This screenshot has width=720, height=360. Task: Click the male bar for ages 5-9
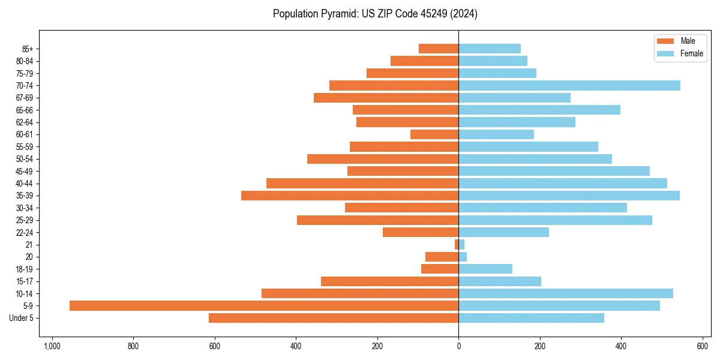264,306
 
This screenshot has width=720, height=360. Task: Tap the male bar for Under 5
334,318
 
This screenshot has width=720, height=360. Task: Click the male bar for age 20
442,257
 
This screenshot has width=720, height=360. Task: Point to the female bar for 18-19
485,269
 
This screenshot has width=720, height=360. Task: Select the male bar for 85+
439,49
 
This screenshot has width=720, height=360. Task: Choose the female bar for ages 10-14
566,293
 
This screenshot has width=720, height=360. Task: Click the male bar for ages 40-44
362,183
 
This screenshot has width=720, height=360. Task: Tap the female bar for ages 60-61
496,134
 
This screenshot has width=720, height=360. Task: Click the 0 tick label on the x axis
458,346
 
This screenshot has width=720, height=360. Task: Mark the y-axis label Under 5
21,318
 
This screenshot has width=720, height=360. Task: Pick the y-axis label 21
29,245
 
